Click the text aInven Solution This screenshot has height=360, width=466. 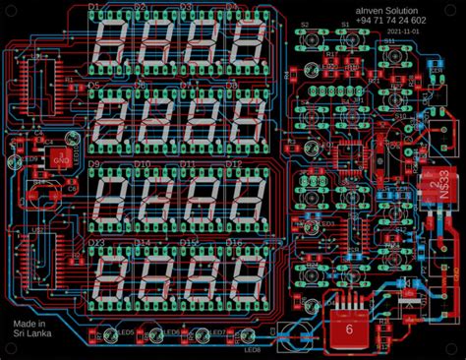pyautogui.click(x=388, y=8)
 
